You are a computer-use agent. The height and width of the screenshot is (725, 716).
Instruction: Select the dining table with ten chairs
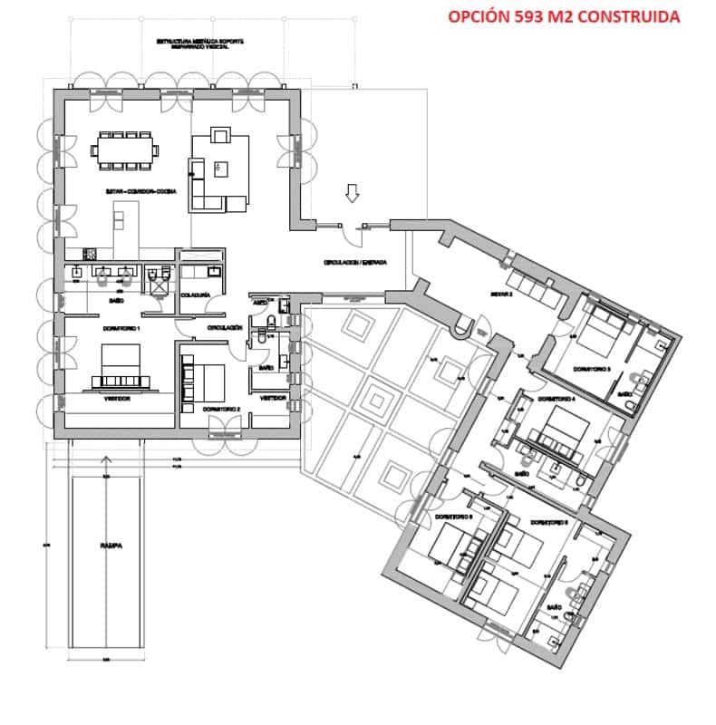126,148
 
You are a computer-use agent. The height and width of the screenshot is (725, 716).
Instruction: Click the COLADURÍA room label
196,295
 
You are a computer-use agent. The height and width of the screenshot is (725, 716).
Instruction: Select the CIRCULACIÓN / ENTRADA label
355,262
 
